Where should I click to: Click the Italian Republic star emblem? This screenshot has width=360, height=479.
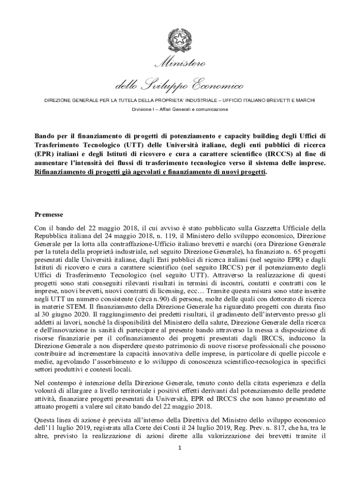(x=180, y=41)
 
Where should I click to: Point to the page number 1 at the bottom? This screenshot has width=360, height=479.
(x=180, y=448)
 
